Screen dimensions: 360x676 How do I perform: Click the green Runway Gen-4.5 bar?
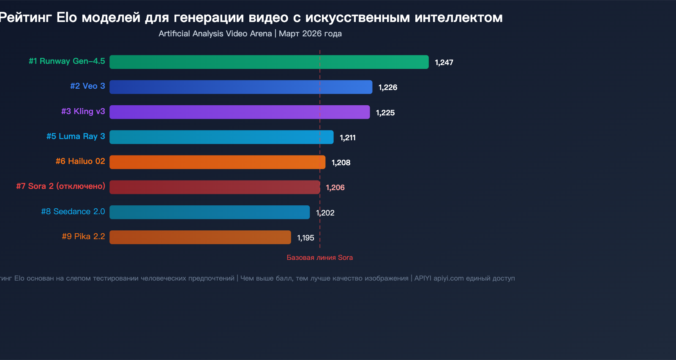click(x=269, y=62)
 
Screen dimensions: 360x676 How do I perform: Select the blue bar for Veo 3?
click(x=241, y=87)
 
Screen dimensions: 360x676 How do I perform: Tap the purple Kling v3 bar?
click(x=240, y=112)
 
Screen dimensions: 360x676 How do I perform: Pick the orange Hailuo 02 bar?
click(x=217, y=162)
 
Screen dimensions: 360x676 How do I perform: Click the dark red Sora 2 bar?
click(x=215, y=187)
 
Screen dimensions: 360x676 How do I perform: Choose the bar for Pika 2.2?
click(x=200, y=237)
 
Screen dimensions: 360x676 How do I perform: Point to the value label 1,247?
click(x=444, y=63)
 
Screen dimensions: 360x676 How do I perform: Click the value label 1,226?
click(x=388, y=87)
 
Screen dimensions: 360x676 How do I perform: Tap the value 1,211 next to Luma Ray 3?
click(x=348, y=138)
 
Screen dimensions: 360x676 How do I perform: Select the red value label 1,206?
click(x=335, y=188)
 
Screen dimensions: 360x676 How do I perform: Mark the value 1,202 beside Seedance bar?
click(x=325, y=213)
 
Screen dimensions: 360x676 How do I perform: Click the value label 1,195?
click(x=305, y=238)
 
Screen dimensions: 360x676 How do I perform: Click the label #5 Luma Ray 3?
click(x=76, y=136)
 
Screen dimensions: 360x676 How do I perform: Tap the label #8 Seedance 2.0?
click(x=73, y=211)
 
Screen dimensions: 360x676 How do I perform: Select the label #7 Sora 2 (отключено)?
click(x=60, y=186)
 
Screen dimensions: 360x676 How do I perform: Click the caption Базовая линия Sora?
click(x=319, y=257)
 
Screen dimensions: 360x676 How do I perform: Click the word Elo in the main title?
click(x=67, y=17)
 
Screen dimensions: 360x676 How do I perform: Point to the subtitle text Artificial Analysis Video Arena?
click(x=215, y=33)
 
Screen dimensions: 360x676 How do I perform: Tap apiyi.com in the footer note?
click(x=449, y=278)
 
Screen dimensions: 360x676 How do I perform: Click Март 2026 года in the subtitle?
click(x=310, y=33)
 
